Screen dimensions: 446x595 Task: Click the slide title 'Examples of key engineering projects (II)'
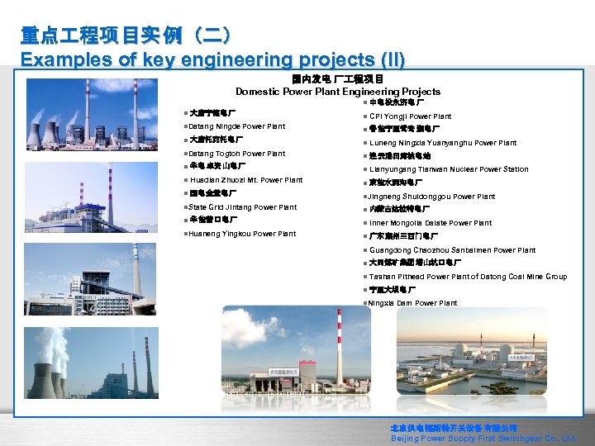[212, 59]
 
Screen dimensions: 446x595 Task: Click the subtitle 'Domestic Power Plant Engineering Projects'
[338, 92]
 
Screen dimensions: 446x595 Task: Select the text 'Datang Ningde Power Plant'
[237, 126]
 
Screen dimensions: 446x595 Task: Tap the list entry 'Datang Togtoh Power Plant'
[237, 154]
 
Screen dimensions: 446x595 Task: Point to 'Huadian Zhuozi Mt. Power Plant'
[246, 180]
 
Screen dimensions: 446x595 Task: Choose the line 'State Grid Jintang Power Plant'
[243, 207]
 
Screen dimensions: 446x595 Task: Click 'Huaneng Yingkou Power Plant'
[241, 234]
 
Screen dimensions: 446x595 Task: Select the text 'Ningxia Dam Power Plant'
[413, 303]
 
